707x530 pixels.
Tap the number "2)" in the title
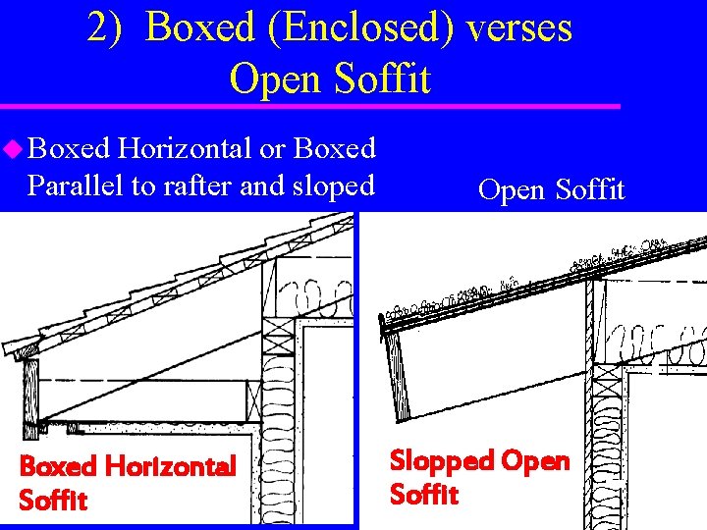click(105, 27)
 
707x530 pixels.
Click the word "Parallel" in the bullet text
click(74, 185)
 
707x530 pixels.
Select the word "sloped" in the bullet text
click(329, 185)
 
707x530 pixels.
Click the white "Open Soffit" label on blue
click(551, 189)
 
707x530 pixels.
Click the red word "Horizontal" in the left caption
click(168, 466)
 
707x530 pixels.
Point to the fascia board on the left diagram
click(31, 393)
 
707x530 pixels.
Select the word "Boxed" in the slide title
click(197, 27)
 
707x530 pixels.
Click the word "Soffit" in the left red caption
click(53, 501)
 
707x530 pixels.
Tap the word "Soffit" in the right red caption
click(424, 494)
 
